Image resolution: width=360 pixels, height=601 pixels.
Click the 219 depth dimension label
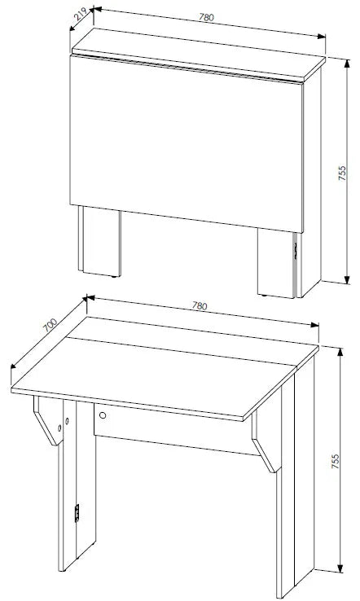[x=80, y=15]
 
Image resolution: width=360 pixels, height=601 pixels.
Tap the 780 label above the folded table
[x=206, y=17]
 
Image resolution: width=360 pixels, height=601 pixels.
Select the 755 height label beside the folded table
[x=342, y=173]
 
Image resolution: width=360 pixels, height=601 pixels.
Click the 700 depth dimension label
[x=50, y=325]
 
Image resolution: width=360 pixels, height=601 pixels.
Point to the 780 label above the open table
[x=200, y=306]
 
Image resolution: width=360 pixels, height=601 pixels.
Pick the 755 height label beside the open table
[x=335, y=462]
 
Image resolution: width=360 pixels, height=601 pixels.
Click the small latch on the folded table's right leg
[x=296, y=250]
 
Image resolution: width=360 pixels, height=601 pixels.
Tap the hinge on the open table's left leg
[x=77, y=513]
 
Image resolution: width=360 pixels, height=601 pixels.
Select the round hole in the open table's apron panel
[x=103, y=415]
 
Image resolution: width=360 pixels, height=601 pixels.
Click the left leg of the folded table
[x=99, y=242]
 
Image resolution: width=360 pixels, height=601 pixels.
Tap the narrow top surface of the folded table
[x=199, y=54]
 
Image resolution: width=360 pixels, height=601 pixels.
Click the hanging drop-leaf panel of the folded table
[x=187, y=143]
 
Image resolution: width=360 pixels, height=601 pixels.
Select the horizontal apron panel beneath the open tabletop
[x=177, y=428]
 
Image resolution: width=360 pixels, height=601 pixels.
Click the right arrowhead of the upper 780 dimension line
[x=321, y=36]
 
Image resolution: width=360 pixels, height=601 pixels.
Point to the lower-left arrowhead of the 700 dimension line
[x=13, y=365]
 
